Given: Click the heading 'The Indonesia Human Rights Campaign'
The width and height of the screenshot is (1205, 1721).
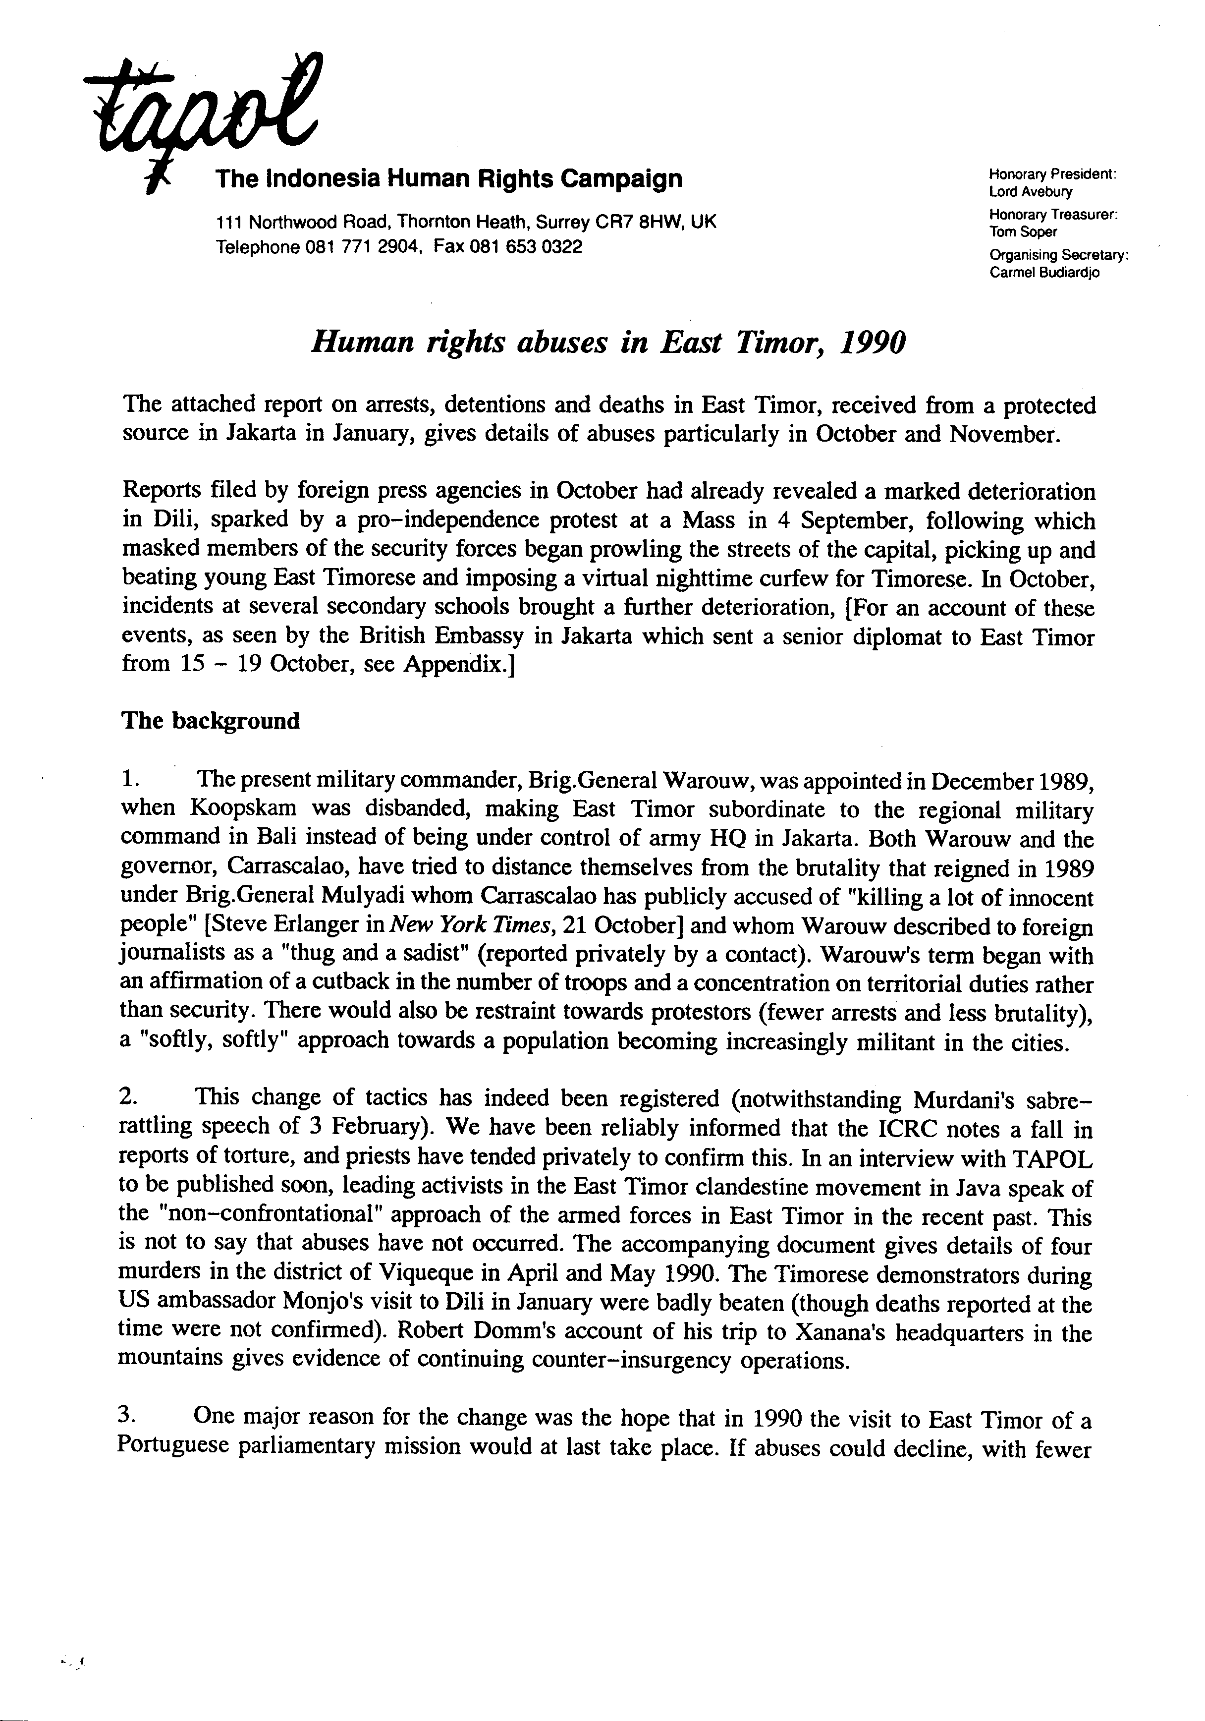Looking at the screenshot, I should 448,178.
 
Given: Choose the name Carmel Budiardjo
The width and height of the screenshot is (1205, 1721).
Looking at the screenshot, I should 1044,272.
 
